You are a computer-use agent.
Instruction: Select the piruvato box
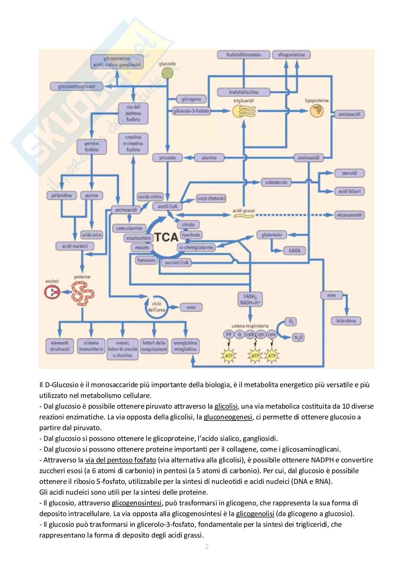[167, 158]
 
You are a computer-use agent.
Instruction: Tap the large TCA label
[166, 237]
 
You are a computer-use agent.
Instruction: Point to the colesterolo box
[276, 182]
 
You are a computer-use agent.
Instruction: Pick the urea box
[191, 307]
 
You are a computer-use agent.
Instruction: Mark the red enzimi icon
[52, 292]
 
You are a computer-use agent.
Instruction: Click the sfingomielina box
[291, 55]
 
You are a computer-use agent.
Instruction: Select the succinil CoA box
[177, 262]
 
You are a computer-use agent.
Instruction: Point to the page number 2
[207, 546]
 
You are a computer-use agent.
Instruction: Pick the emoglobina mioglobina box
[185, 346]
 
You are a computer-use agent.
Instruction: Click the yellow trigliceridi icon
[243, 111]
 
